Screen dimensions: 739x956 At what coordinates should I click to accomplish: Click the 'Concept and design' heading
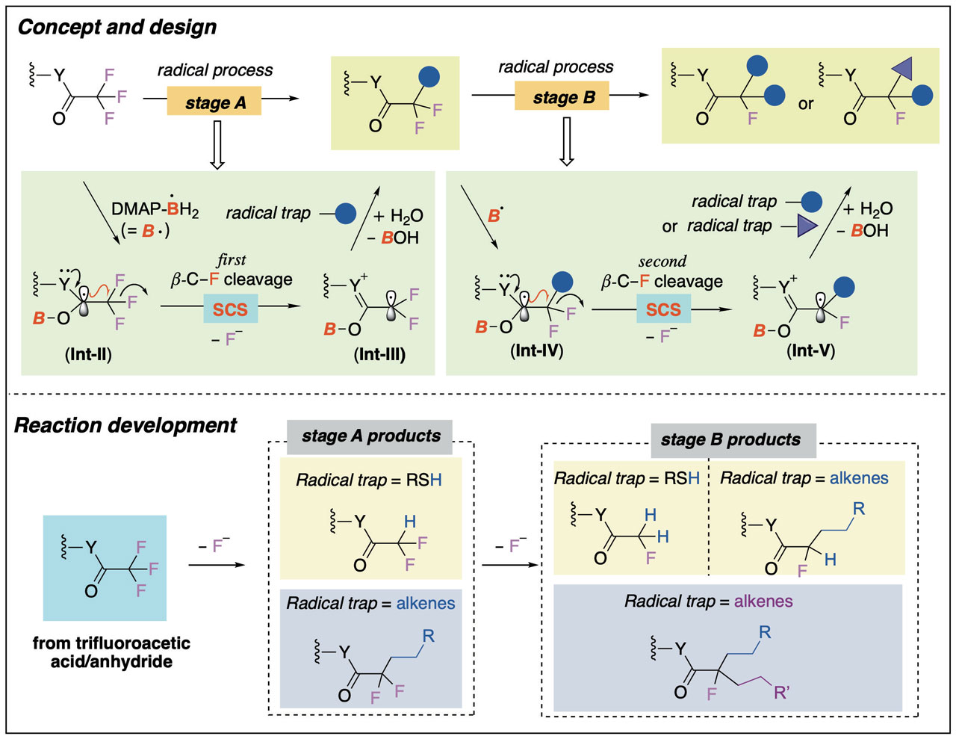[117, 28]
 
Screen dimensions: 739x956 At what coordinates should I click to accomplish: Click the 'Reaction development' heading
[125, 426]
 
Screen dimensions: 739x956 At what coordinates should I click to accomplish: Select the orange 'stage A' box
[214, 102]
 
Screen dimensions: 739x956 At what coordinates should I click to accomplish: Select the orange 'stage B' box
[562, 97]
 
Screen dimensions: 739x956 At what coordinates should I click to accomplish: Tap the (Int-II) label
[88, 354]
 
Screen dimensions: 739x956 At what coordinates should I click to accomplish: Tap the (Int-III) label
[379, 354]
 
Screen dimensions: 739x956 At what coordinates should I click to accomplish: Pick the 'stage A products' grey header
[370, 436]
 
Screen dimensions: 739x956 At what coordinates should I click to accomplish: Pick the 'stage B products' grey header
[730, 440]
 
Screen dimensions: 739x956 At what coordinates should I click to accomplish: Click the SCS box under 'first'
[230, 309]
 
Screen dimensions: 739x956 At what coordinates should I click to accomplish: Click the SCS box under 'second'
[663, 309]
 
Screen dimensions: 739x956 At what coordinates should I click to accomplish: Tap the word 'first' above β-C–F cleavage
[232, 260]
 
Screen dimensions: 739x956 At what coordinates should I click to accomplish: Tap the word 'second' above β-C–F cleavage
[662, 262]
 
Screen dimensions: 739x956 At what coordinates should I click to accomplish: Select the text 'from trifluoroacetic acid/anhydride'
[111, 652]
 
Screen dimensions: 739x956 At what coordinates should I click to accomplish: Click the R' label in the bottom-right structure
[781, 693]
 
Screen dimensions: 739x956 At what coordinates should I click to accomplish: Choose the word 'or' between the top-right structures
[805, 104]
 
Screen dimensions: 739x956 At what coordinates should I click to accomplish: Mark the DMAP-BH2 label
[155, 209]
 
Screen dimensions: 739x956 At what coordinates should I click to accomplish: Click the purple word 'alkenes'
[763, 602]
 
